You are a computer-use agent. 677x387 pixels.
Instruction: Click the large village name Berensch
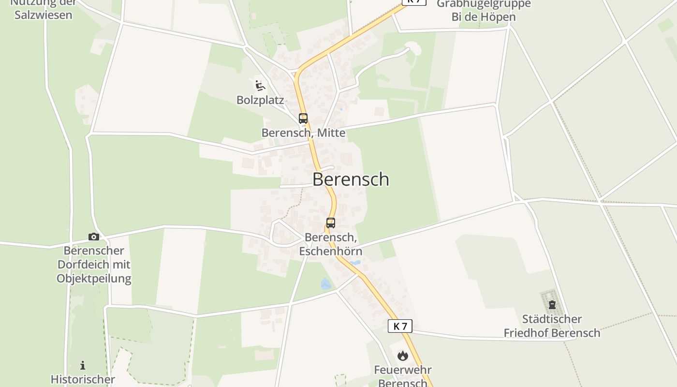pyautogui.click(x=351, y=179)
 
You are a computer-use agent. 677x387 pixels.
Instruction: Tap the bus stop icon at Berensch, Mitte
pyautogui.click(x=303, y=118)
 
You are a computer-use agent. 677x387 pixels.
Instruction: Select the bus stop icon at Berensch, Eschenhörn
pyautogui.click(x=331, y=223)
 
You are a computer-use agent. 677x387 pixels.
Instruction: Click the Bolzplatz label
pyautogui.click(x=260, y=100)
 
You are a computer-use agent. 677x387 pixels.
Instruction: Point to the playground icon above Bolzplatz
pyautogui.click(x=260, y=86)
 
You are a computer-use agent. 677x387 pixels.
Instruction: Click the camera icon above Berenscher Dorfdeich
pyautogui.click(x=94, y=237)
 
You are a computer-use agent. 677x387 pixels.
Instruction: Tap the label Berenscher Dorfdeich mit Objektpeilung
pyautogui.click(x=94, y=265)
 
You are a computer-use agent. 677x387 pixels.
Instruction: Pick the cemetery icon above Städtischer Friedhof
pyautogui.click(x=552, y=305)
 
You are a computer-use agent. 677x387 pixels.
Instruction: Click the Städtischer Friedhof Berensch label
pyautogui.click(x=552, y=326)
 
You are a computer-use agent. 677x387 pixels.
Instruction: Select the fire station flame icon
pyautogui.click(x=402, y=356)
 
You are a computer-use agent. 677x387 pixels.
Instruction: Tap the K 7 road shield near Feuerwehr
pyautogui.click(x=400, y=326)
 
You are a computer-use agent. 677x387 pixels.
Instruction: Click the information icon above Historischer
pyautogui.click(x=83, y=365)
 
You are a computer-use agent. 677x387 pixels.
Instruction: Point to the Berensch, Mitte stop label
pyautogui.click(x=303, y=133)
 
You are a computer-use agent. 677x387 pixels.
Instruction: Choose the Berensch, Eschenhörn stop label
pyautogui.click(x=331, y=244)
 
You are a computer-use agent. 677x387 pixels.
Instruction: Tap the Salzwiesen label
pyautogui.click(x=44, y=15)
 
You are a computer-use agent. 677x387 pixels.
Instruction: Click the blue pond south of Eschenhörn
pyautogui.click(x=326, y=284)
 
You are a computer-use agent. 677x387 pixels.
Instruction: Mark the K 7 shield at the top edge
pyautogui.click(x=414, y=1)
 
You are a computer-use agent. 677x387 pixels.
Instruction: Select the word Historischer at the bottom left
pyautogui.click(x=83, y=379)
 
